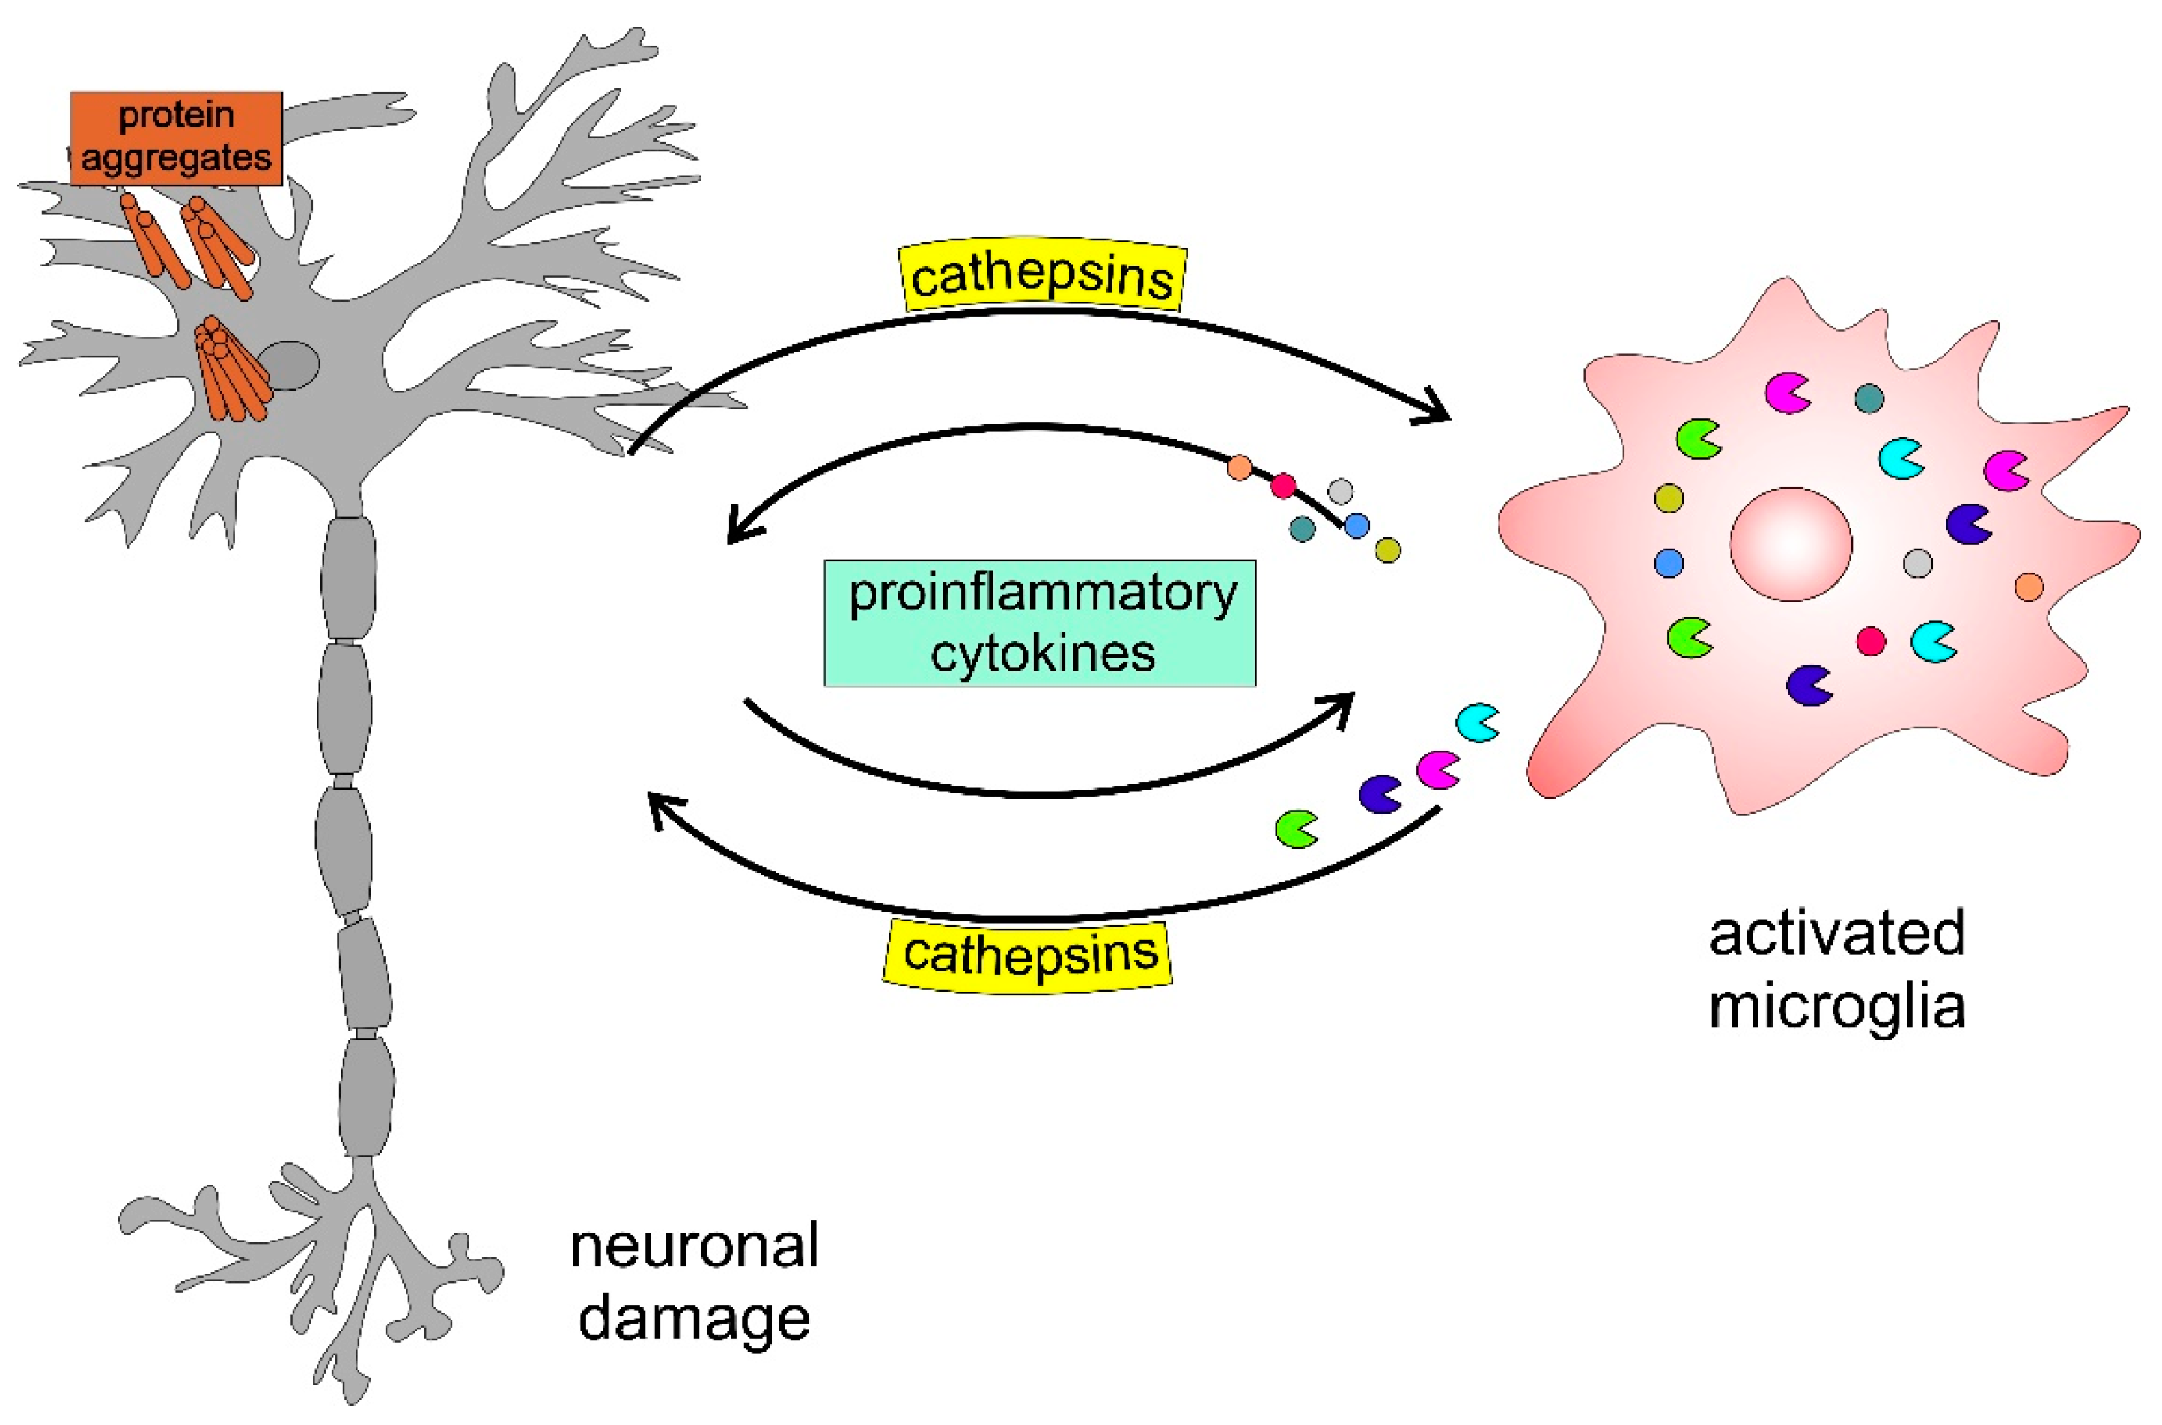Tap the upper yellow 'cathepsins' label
point(1041,276)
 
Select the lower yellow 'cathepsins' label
point(1029,954)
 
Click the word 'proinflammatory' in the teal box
point(1041,594)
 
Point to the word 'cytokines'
point(1041,653)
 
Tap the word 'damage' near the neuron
point(693,1318)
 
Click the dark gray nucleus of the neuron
point(288,365)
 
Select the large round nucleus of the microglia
point(1789,544)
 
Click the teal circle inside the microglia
point(1869,398)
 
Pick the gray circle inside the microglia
point(1916,564)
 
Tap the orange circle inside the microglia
point(2029,587)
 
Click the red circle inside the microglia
point(1869,641)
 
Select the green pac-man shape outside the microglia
point(1295,829)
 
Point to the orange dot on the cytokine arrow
point(1239,468)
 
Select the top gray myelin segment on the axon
point(348,576)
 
